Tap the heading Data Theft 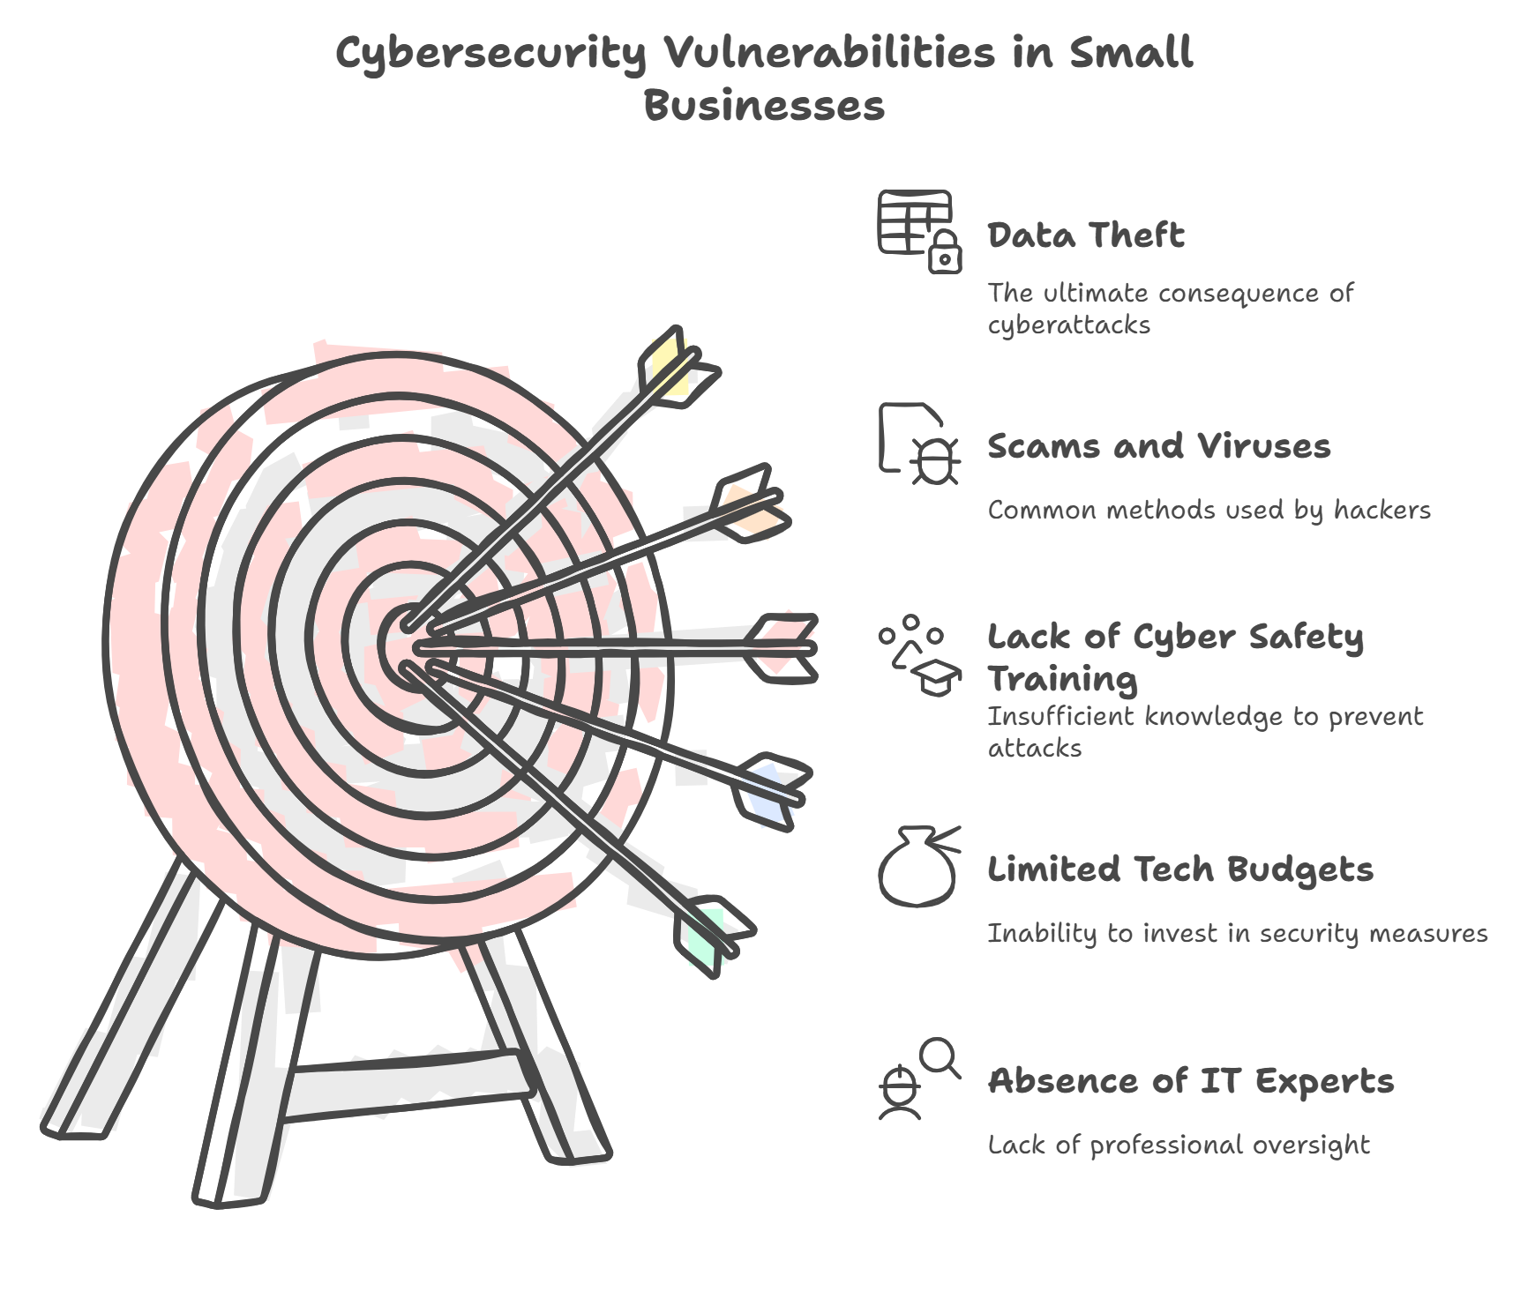tap(1085, 236)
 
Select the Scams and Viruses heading tap(1158, 446)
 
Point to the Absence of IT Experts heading tap(1190, 1080)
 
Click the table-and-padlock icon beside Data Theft tap(918, 231)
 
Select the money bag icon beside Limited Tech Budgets tap(918, 866)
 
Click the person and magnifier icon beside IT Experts tap(918, 1080)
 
